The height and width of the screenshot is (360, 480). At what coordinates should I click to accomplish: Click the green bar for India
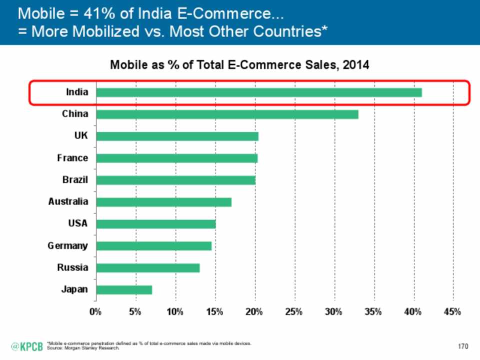coord(258,92)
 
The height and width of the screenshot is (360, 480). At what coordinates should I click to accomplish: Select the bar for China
coord(227,114)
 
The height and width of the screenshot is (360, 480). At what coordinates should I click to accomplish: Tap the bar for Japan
coord(124,290)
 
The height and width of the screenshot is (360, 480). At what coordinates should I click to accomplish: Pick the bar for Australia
coord(163,202)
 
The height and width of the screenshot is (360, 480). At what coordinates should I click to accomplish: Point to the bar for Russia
coord(147,268)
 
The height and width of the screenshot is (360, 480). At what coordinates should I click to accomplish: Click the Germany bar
coord(153,246)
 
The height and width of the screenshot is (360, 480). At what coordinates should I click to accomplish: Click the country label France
coord(72,158)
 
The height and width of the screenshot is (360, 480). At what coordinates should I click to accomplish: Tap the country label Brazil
coord(75,180)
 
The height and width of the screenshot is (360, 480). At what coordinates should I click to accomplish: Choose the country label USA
coord(78,223)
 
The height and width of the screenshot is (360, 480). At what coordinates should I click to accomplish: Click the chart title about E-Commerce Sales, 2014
coord(239,65)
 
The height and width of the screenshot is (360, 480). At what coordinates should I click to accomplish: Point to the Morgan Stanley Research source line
coord(82,347)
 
